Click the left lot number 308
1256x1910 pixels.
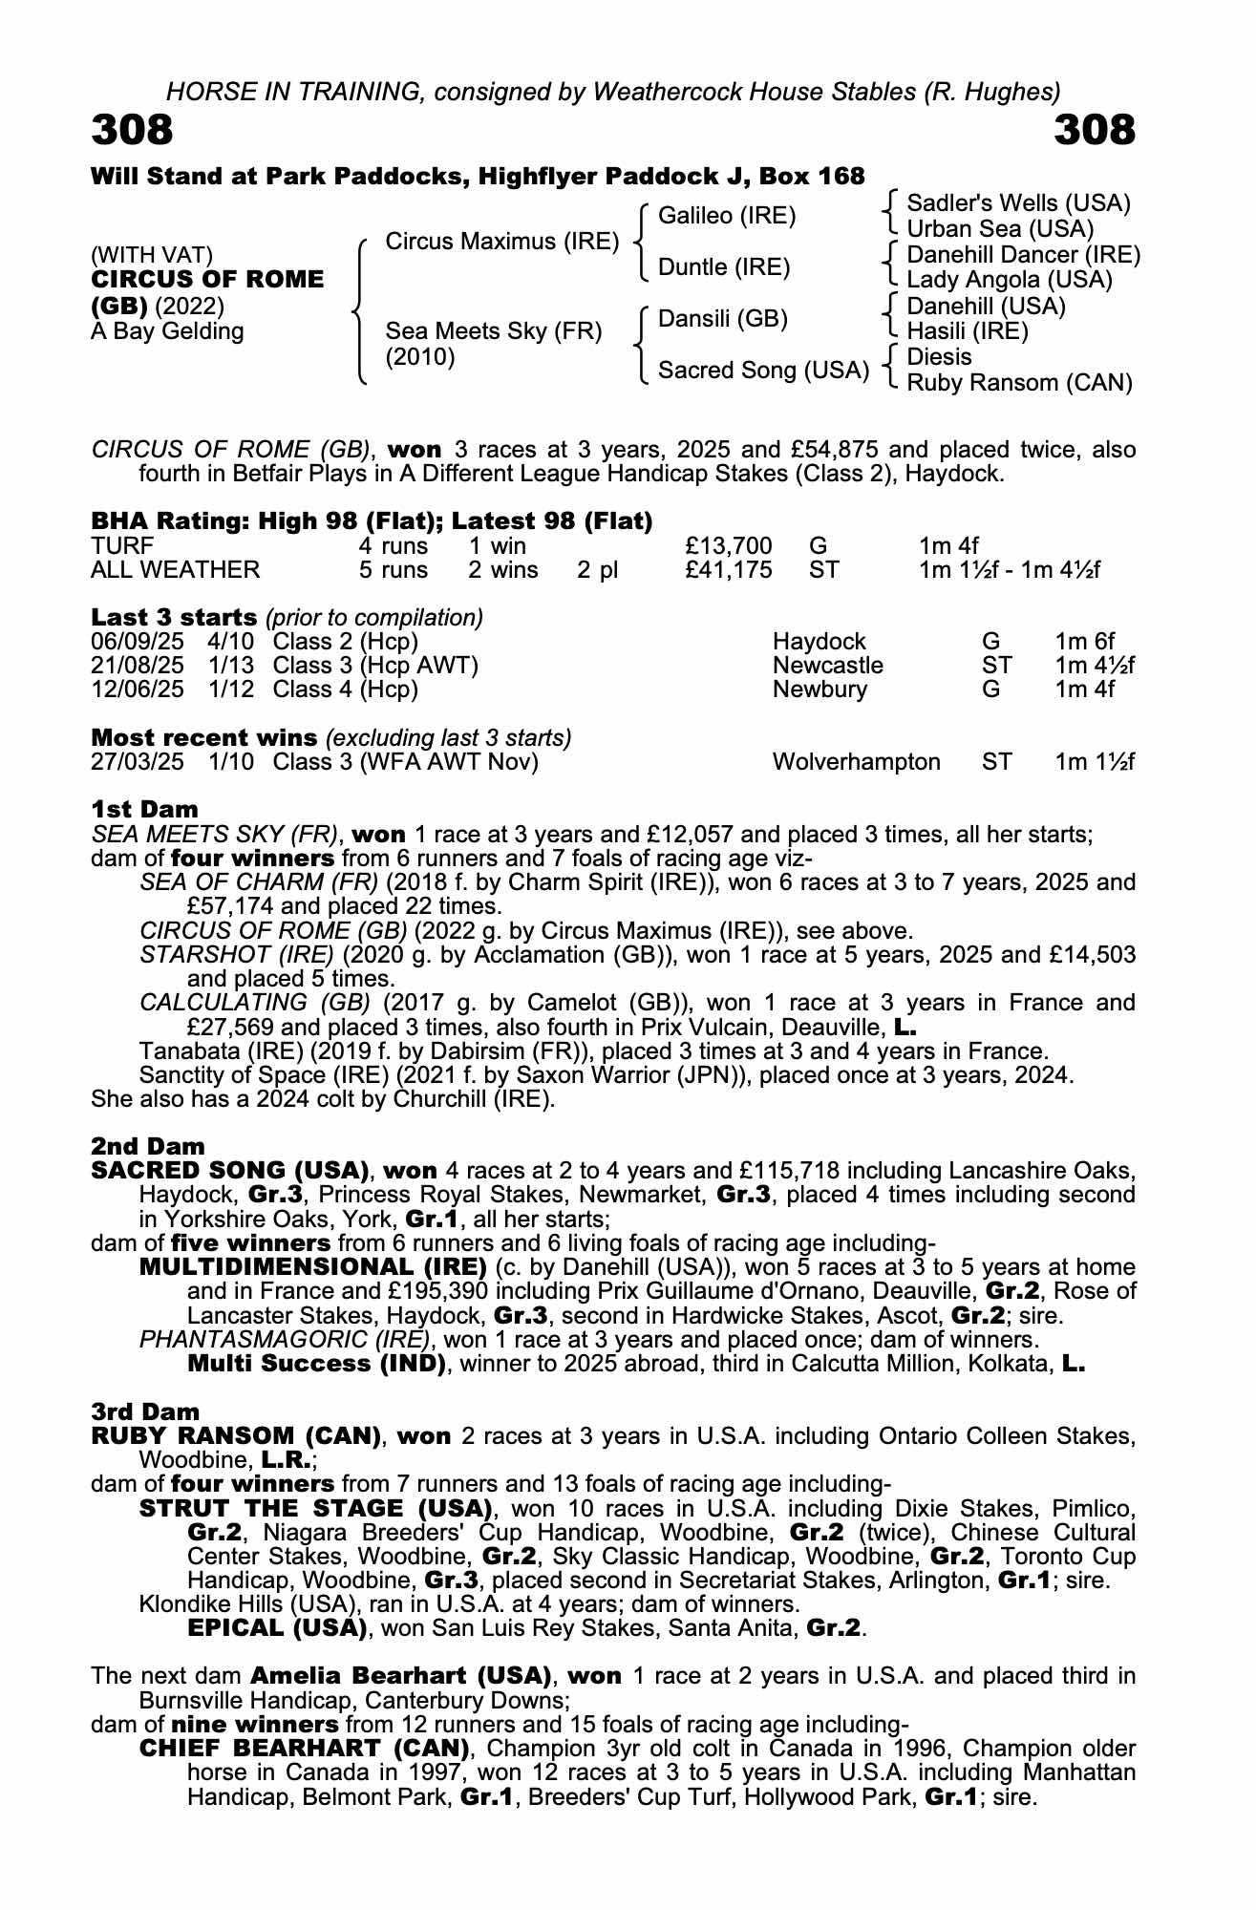(132, 130)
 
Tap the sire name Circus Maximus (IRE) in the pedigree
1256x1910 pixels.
(502, 242)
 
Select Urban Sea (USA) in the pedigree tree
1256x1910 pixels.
(999, 229)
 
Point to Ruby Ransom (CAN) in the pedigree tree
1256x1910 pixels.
(1019, 383)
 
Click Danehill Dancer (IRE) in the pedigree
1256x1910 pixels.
(1023, 255)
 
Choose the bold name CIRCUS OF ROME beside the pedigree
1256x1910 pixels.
(208, 280)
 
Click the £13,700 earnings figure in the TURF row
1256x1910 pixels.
(729, 546)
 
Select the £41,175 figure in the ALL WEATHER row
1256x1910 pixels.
(729, 570)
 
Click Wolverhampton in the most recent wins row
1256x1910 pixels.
(856, 762)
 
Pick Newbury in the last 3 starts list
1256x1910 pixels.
(820, 690)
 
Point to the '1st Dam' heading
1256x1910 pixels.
(144, 810)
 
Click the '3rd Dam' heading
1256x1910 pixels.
(145, 1411)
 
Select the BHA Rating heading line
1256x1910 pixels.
(372, 521)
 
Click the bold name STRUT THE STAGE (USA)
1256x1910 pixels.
(315, 1509)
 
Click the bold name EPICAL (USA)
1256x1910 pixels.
(278, 1627)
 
